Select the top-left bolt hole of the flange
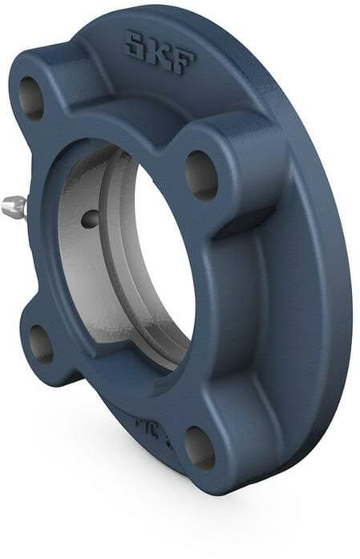(x=31, y=99)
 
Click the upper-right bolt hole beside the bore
(x=201, y=175)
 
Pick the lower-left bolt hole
(x=40, y=344)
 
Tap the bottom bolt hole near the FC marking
(x=199, y=448)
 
